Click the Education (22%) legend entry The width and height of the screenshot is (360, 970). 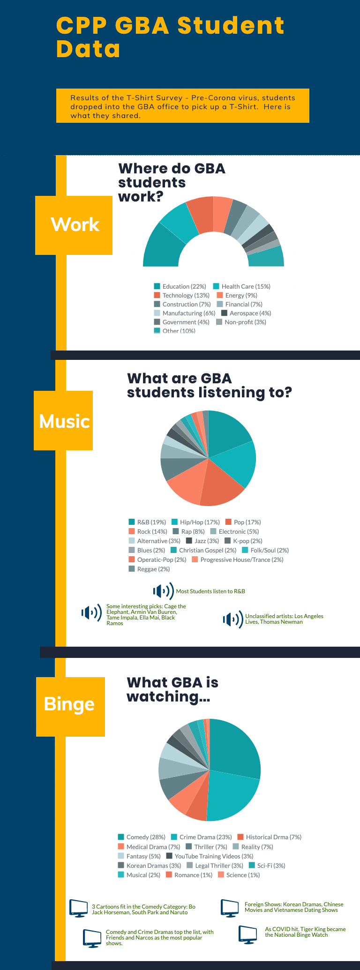[x=180, y=286]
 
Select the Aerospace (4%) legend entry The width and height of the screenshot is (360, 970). [x=246, y=313]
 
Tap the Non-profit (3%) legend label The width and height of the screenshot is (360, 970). [x=241, y=322]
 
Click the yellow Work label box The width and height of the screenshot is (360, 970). [x=74, y=225]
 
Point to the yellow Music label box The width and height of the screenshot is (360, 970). [x=63, y=421]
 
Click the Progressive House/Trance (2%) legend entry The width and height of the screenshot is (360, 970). [x=238, y=560]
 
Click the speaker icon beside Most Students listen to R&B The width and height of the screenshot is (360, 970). [x=163, y=591]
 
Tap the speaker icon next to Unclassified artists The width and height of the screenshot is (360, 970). [x=233, y=619]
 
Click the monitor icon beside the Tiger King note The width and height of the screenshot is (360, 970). [x=247, y=934]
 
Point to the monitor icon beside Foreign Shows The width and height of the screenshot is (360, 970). [x=230, y=908]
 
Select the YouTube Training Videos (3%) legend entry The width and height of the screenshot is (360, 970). [x=210, y=856]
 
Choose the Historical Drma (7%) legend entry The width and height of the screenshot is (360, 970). [x=269, y=837]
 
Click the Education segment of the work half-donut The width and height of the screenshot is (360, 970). [x=162, y=246]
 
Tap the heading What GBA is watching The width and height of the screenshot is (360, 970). [x=172, y=689]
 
